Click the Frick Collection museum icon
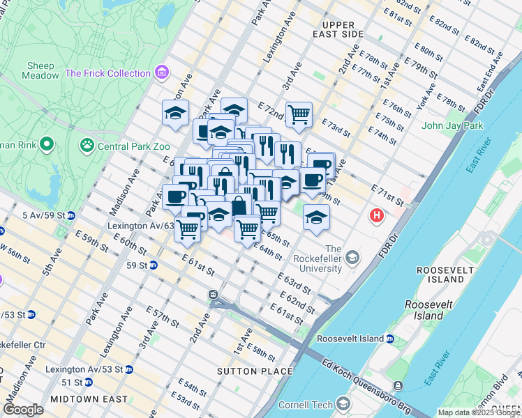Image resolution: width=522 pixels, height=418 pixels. [162, 72]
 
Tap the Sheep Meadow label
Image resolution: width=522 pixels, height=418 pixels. [41, 70]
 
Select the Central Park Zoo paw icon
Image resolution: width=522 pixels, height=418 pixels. [87, 146]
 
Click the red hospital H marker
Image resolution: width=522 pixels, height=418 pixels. [378, 216]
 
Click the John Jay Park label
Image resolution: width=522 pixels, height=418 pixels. [452, 126]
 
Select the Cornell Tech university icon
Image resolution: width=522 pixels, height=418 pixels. [343, 404]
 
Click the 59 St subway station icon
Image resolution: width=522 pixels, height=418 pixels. [152, 265]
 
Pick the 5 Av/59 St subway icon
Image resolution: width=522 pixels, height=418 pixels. [70, 215]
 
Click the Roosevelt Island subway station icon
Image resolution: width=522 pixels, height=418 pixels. [390, 339]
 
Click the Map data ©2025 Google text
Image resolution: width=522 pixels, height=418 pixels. [478, 412]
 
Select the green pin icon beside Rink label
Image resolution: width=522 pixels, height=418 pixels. [47, 145]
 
